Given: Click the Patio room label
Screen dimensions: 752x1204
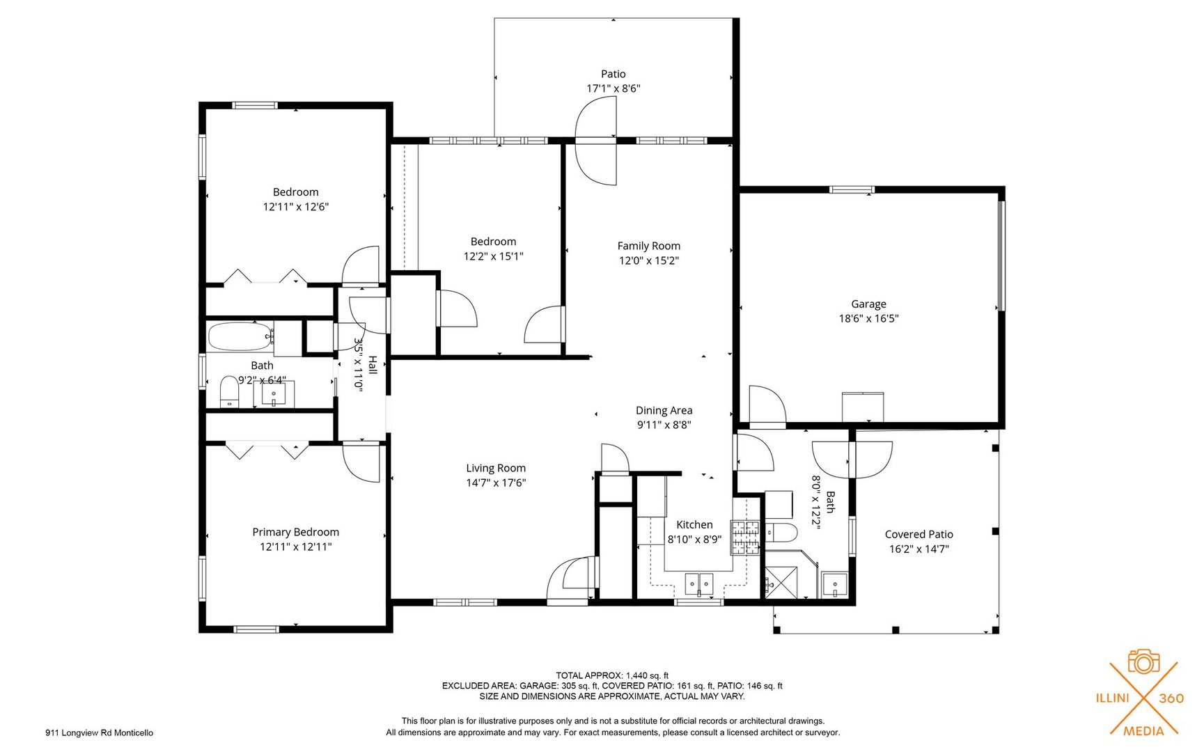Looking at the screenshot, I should (x=613, y=74).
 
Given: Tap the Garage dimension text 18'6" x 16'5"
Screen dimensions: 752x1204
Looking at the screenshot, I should (x=868, y=319).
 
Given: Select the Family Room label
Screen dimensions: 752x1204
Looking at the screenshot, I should (x=648, y=246).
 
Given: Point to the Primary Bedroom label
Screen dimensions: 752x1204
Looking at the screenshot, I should (x=295, y=532).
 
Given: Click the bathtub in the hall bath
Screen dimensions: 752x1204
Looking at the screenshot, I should (x=239, y=336).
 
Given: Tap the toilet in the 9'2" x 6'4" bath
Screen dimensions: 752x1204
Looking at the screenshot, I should (x=229, y=392).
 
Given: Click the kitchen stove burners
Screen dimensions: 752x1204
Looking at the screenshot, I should (x=744, y=538).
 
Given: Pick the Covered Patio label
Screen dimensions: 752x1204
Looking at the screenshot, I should (x=918, y=534).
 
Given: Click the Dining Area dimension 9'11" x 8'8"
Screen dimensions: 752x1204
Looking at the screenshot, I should (x=664, y=425).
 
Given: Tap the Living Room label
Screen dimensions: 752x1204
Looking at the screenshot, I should (x=496, y=468).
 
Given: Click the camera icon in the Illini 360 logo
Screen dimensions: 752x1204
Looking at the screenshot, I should (x=1143, y=661).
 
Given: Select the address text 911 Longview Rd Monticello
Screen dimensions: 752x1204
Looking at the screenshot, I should (x=99, y=733).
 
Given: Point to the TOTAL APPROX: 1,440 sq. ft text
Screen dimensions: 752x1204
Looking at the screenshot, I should (x=611, y=675).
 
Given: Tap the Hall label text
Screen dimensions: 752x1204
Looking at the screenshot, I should (x=373, y=366).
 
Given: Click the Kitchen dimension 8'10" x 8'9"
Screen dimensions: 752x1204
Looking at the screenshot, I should (x=694, y=539).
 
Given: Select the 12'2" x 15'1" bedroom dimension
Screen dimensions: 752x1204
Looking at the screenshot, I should (x=493, y=256).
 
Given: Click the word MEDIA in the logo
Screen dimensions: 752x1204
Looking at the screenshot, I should (x=1143, y=730).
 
